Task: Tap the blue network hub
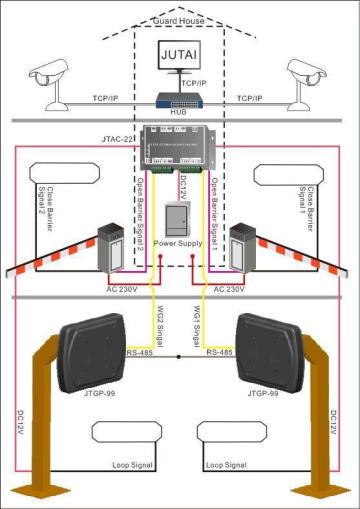(x=180, y=100)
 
